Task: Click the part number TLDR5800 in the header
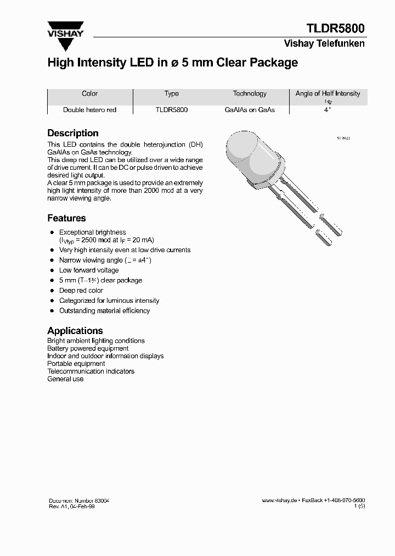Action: pos(336,29)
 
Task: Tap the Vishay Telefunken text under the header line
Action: pos(324,43)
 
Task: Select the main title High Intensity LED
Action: pos(173,63)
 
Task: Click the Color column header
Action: pos(89,93)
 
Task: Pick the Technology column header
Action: pos(250,93)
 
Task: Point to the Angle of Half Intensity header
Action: pos(328,94)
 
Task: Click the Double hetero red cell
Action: pos(89,110)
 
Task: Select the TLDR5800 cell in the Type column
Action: pos(172,110)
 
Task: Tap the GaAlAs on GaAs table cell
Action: pos(250,110)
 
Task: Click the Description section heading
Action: pos(73,133)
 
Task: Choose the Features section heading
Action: pos(66,218)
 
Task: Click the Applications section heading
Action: pos(75,331)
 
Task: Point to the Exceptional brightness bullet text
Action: pos(93,232)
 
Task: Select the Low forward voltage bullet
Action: pos(89,270)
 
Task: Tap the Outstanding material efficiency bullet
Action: pos(104,311)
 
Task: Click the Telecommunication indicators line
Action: pos(91,371)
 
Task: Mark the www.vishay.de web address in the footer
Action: pos(279,501)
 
